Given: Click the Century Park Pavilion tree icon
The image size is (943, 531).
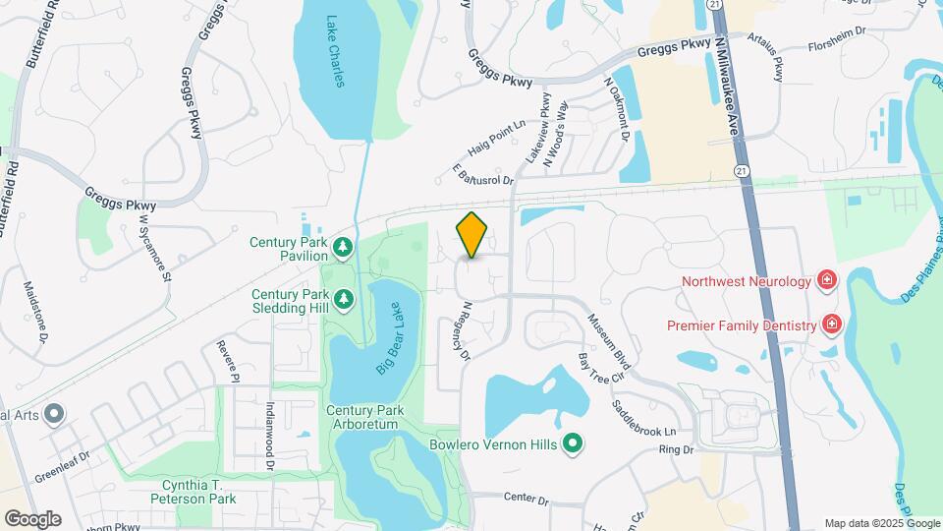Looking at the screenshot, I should [342, 248].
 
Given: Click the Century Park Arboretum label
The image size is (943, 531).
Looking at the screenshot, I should [361, 417].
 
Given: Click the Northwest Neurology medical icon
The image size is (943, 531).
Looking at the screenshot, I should [827, 282].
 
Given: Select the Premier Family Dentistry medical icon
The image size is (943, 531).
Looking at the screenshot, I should [831, 324].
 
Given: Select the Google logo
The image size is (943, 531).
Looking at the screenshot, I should [32, 518].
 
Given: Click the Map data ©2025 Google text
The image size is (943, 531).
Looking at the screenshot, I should [881, 523].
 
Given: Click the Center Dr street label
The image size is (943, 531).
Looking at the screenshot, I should [526, 500].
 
